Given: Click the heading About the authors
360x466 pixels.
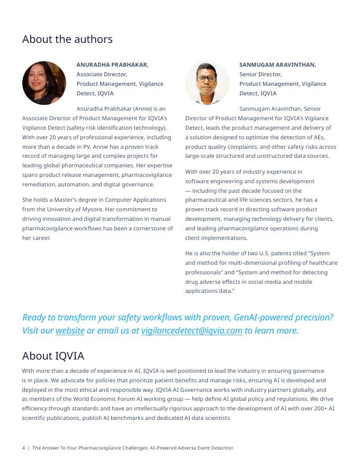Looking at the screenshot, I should (x=67, y=40).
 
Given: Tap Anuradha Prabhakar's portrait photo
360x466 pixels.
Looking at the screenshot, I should (x=44, y=83).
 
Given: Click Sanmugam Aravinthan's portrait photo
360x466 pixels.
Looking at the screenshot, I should (x=207, y=83).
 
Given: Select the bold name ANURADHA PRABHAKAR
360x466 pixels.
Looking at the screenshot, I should (x=112, y=65).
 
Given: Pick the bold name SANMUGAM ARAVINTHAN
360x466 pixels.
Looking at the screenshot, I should (x=277, y=65).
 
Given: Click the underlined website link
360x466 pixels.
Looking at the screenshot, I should (x=70, y=330).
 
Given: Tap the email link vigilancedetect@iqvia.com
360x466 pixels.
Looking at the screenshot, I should (x=192, y=330).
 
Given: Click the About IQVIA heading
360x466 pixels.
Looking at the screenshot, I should (x=53, y=355).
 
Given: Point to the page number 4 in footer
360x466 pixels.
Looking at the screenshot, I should (x=23, y=448).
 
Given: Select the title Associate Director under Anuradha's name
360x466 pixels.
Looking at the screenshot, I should (x=102, y=74).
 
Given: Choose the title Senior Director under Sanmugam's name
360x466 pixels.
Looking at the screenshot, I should (x=260, y=74).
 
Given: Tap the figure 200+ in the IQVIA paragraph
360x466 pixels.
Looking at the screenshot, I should (x=317, y=408).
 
